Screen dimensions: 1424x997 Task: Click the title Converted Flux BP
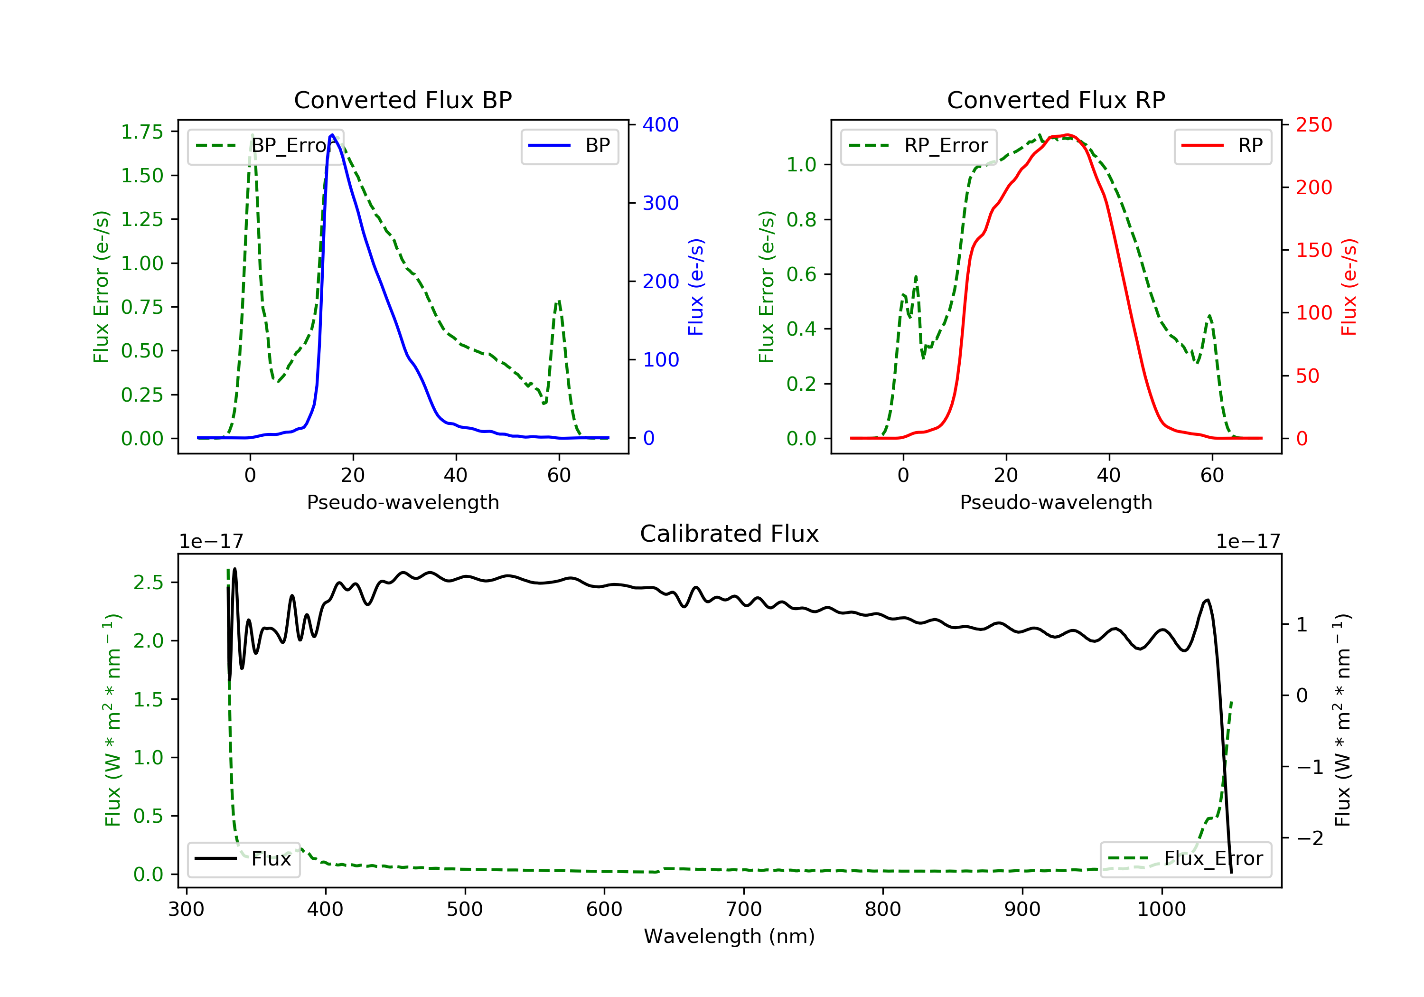point(403,100)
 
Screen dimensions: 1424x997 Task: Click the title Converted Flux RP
point(1056,100)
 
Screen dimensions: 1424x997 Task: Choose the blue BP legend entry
point(569,146)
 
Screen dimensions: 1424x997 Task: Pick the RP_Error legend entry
point(918,146)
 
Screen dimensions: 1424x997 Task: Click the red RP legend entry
point(1222,146)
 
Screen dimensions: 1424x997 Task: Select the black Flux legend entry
point(243,859)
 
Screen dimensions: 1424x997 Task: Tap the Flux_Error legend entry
point(1185,859)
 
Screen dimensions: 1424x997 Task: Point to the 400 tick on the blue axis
point(660,125)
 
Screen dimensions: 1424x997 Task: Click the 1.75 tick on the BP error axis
point(142,132)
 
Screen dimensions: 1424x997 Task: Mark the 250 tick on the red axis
point(1313,125)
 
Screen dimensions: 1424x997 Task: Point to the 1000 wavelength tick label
point(1161,910)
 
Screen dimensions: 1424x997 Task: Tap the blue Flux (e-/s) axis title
point(696,287)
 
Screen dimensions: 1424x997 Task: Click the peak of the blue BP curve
point(332,135)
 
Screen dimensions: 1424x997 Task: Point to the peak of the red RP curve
point(1067,135)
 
